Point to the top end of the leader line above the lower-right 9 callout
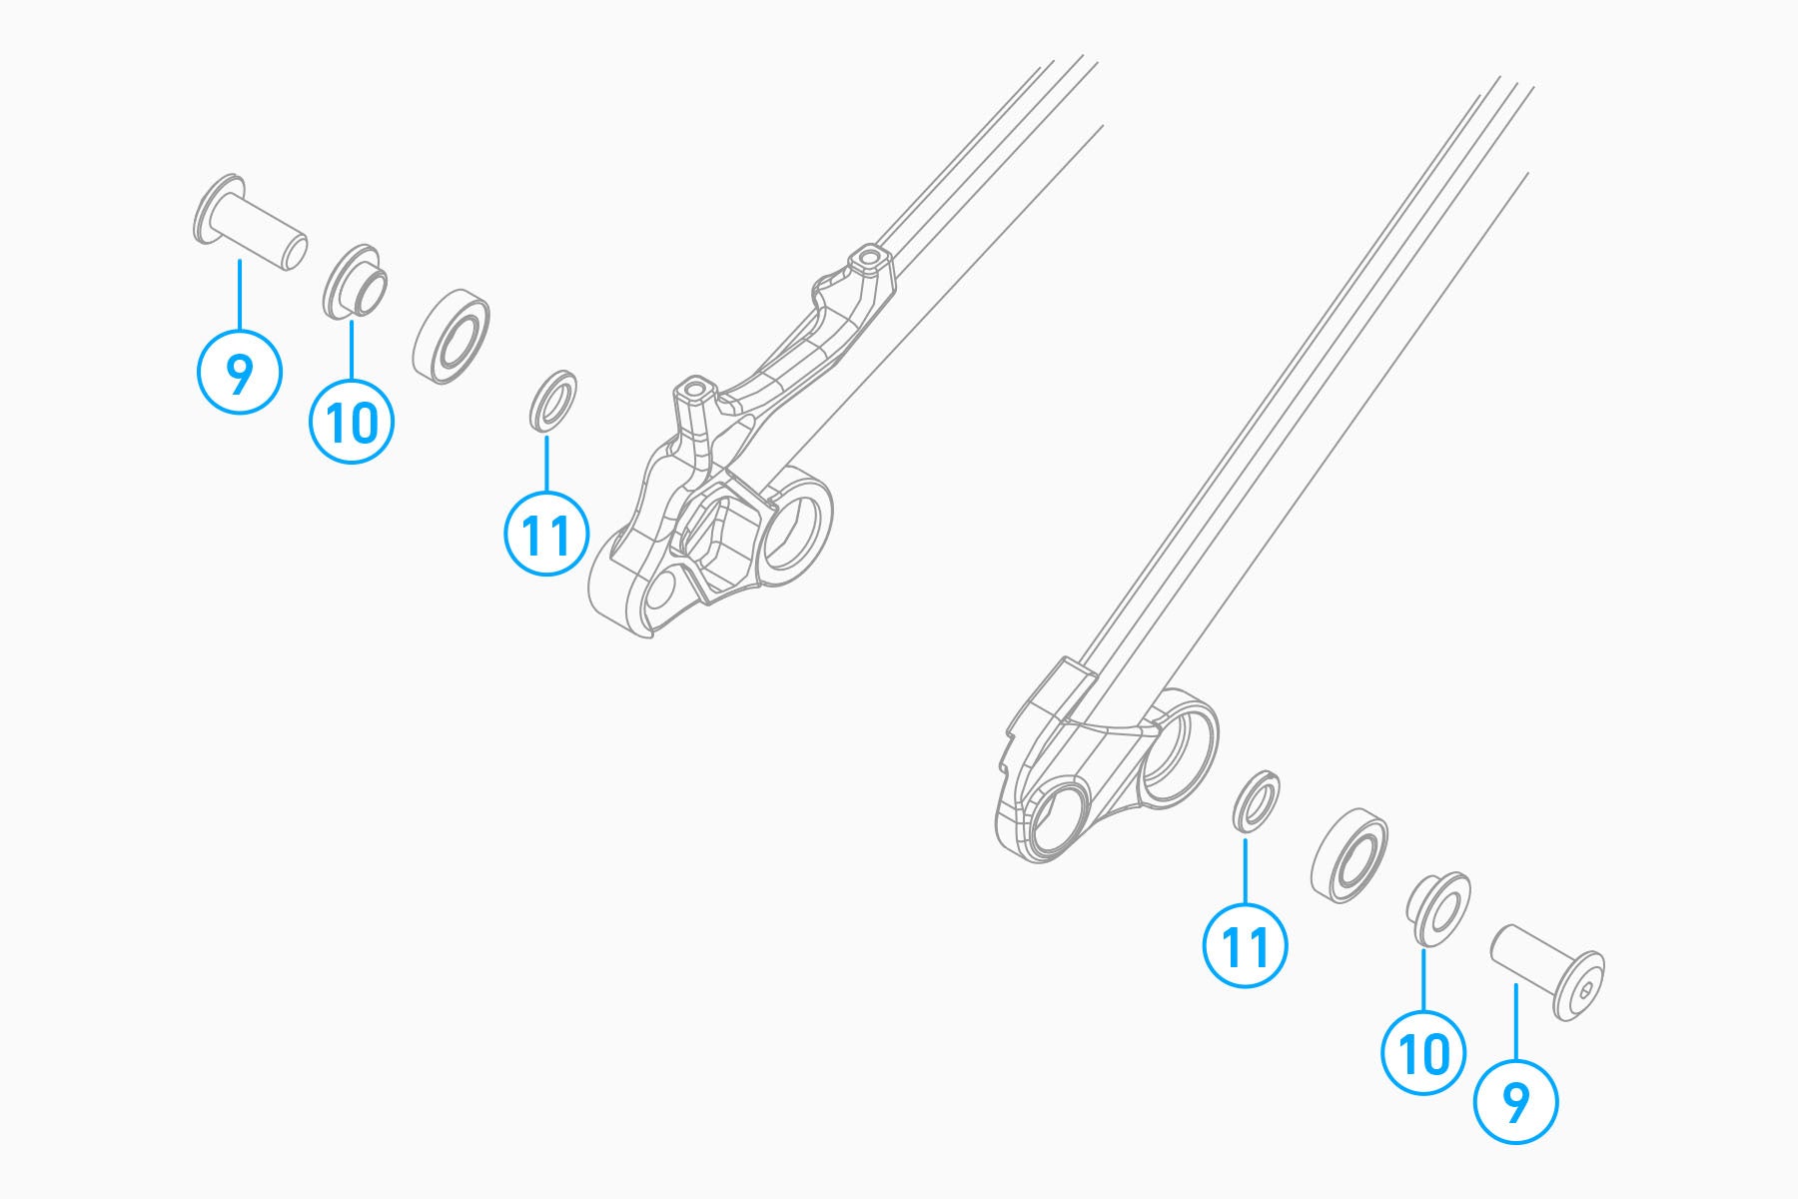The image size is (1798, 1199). coord(1515,985)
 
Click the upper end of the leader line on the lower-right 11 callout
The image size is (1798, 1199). coord(1246,841)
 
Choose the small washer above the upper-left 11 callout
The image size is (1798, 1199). coord(552,402)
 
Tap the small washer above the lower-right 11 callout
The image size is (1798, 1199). coord(1257,800)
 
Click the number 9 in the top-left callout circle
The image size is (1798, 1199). coord(239,373)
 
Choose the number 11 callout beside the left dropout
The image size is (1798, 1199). coord(546,534)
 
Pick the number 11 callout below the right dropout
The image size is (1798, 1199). coord(1246,946)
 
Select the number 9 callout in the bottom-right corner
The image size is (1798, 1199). coord(1515,1102)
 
